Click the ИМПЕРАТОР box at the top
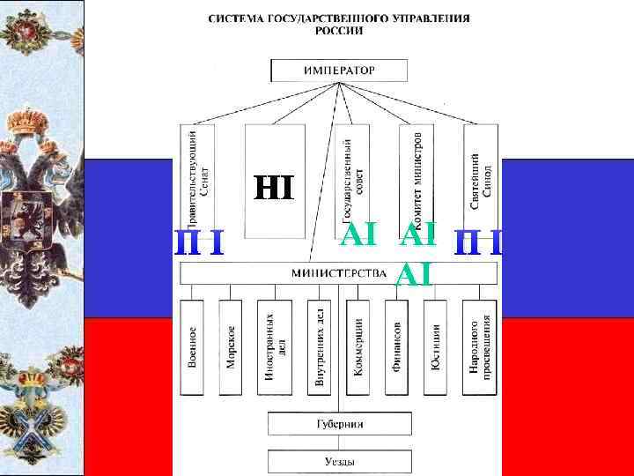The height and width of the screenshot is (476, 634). pos(339,70)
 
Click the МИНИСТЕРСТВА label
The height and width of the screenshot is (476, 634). pos(340,273)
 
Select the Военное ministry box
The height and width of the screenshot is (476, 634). pos(192,348)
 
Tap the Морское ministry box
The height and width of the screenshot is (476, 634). pos(231,348)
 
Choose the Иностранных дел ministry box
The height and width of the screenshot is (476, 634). pos(274,348)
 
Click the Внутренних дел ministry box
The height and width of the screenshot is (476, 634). pos(320,348)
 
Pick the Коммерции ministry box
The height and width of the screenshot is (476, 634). pos(358,348)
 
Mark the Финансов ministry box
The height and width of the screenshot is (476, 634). pos(396,348)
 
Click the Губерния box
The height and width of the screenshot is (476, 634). pos(339,424)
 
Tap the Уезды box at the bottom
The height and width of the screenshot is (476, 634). pos(339,460)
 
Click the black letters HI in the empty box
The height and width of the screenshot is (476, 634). pos(276,188)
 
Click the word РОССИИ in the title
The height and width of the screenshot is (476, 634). pos(340,29)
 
